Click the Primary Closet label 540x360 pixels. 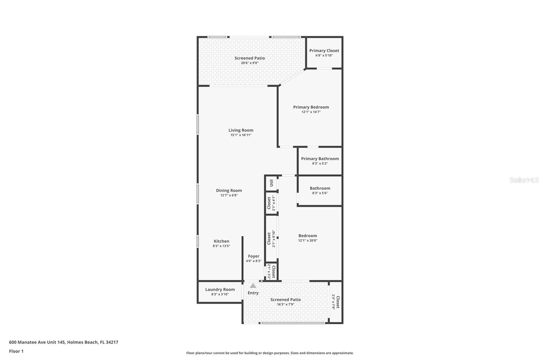(324, 51)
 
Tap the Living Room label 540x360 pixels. (241, 130)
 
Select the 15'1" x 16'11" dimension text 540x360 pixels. (241, 135)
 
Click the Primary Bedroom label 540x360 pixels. (311, 107)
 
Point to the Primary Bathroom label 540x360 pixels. (320, 159)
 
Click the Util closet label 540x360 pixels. (271, 183)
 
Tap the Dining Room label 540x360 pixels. (229, 190)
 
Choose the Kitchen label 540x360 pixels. (221, 241)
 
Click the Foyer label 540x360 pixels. (253, 256)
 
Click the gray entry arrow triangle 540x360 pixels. (253, 286)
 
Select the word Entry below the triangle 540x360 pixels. (253, 293)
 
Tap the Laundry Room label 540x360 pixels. (220, 289)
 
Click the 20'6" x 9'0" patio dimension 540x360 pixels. (250, 63)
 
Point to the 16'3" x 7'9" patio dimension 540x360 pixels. (286, 304)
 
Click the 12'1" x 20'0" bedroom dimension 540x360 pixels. (307, 241)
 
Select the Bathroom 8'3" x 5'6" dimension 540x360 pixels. (320, 193)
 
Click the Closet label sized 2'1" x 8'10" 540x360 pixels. (269, 238)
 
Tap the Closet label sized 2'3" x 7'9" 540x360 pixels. (337, 302)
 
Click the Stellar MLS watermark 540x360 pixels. (524, 180)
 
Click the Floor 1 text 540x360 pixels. (16, 351)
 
